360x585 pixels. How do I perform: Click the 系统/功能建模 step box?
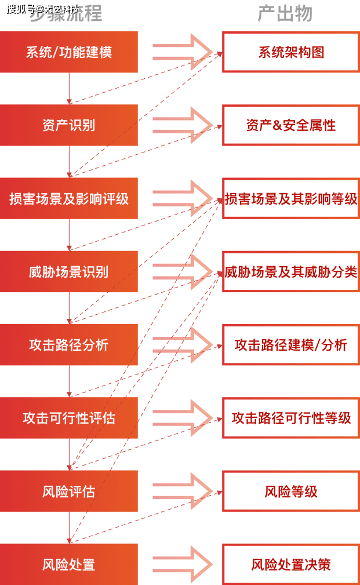coord(68,52)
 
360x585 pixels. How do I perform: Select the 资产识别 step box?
coord(68,125)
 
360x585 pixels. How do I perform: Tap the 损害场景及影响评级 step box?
coord(68,198)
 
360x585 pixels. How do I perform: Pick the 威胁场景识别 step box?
coord(68,271)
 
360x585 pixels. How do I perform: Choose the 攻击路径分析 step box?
coord(68,345)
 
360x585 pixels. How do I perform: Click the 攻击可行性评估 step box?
coord(68,418)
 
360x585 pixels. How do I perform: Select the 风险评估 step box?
coord(68,491)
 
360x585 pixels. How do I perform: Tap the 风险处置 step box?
coord(68,564)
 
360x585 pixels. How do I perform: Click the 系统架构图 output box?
coord(291,52)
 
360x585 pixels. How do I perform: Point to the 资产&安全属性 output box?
coord(291,125)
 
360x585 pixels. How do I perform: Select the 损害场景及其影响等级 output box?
coord(291,198)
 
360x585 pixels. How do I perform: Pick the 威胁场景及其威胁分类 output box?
coord(291,271)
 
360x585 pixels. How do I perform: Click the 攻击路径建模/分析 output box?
coord(291,345)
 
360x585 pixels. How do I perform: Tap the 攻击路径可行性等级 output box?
coord(291,418)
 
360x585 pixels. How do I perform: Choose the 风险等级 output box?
coord(291,491)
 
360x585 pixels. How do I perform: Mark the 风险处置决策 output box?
coord(291,564)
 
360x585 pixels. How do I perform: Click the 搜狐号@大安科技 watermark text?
coord(42,8)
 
